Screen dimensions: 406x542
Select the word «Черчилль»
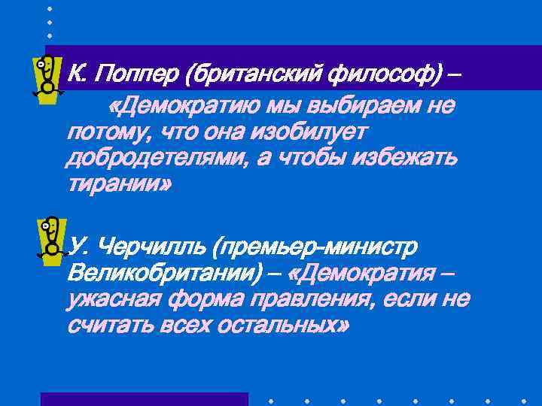tap(153, 247)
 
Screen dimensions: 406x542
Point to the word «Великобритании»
tap(157, 273)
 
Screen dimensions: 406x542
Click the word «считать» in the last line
tap(110, 325)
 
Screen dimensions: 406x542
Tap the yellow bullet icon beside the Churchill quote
tap(49, 238)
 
